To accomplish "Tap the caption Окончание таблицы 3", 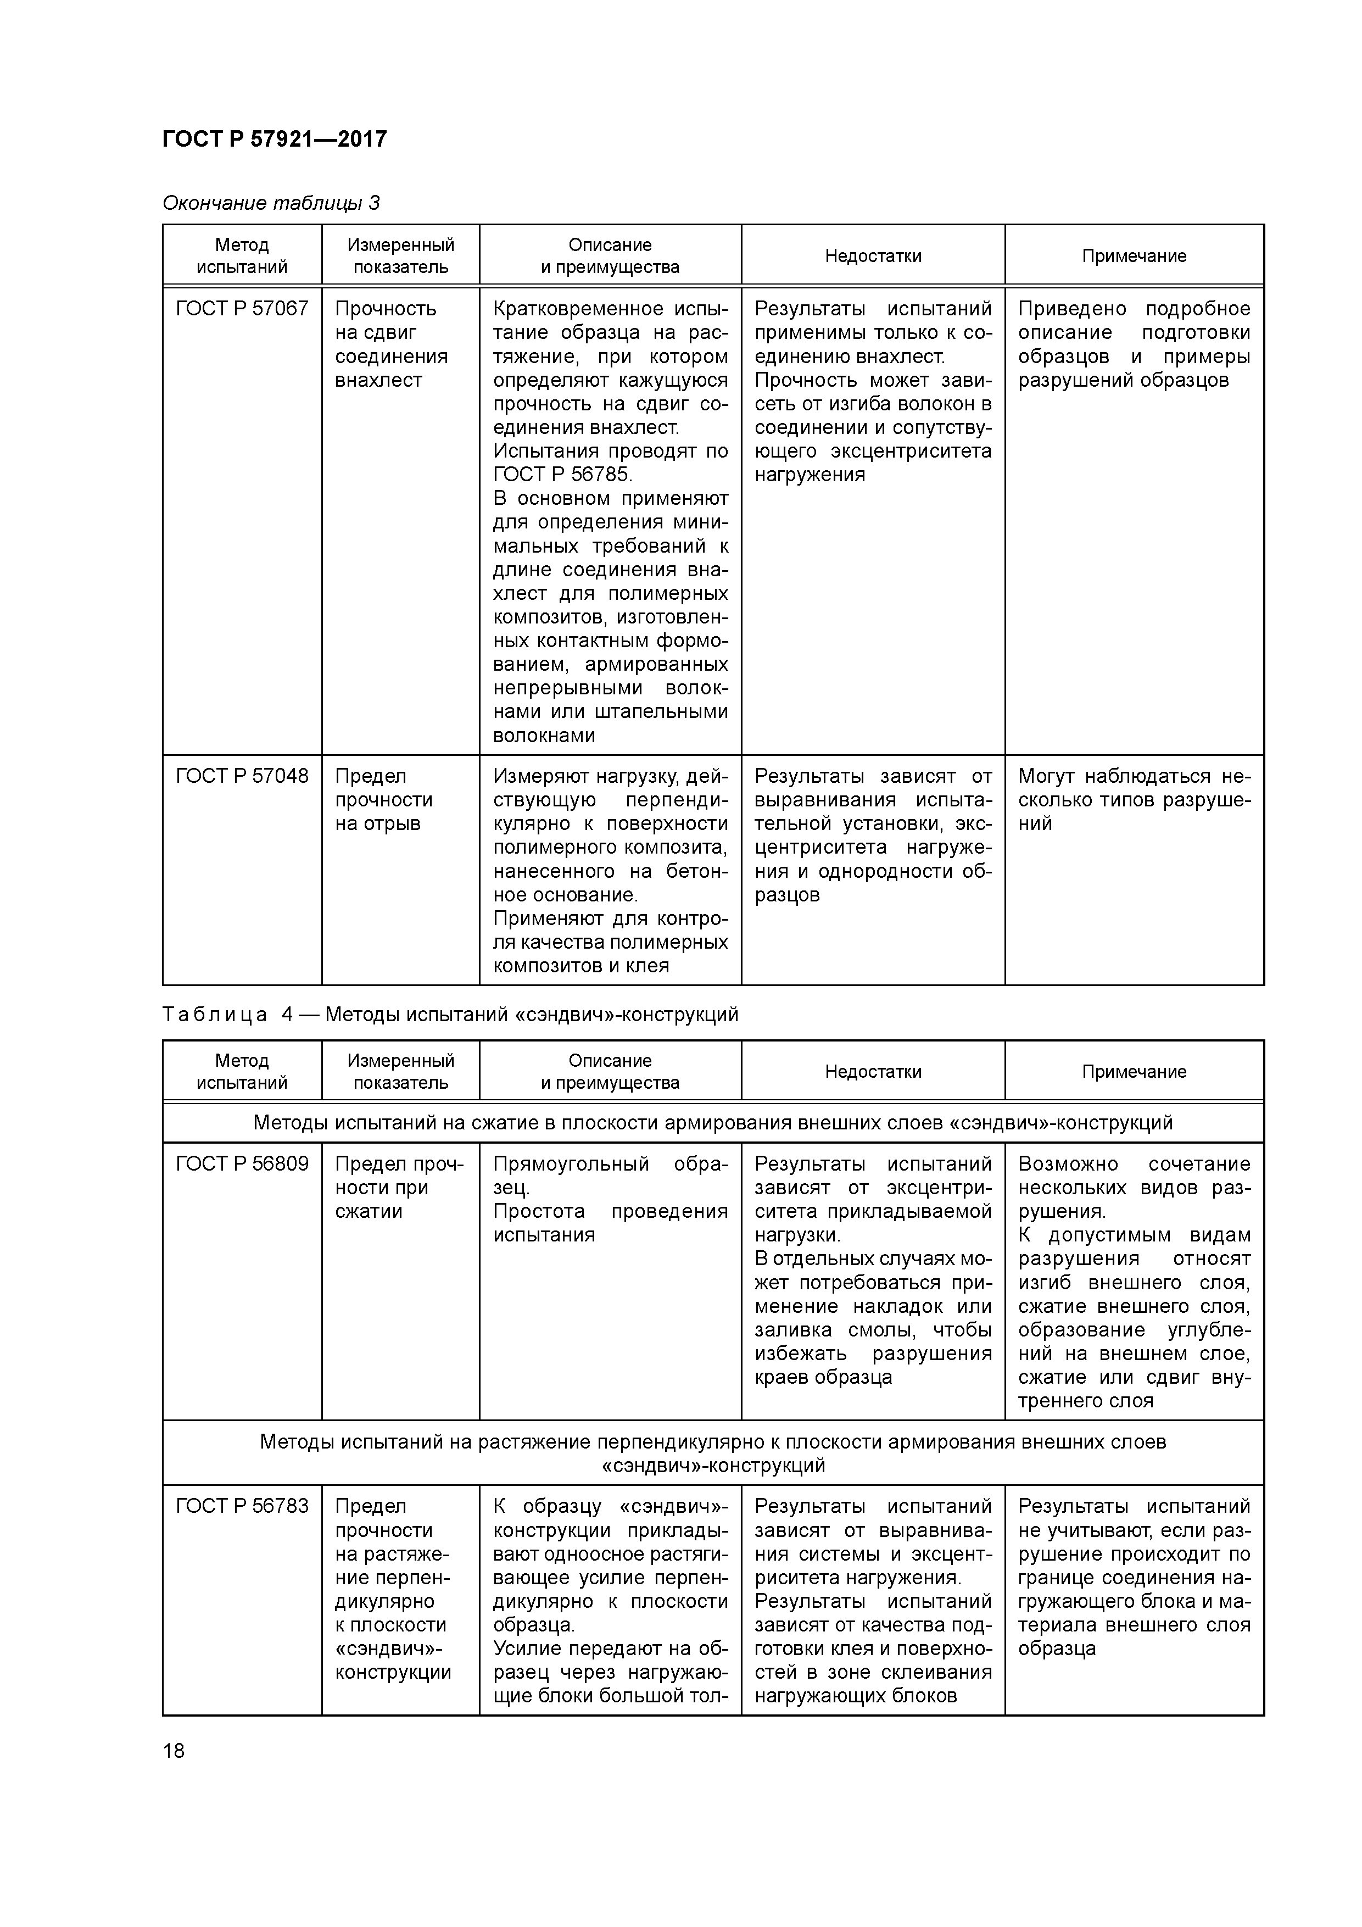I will coord(270,203).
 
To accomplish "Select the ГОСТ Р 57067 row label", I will coord(242,309).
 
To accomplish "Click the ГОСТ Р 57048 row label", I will coord(242,776).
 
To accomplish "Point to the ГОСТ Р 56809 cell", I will coord(242,1164).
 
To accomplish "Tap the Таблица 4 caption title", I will coord(450,1015).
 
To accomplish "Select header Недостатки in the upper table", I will coord(873,256).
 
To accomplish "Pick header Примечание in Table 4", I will coord(1134,1072).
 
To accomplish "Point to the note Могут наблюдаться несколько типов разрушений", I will coord(1134,800).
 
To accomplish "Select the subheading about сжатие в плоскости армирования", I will coord(712,1123).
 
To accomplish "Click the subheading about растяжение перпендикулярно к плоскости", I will coord(712,1453).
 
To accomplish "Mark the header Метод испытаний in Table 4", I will coord(242,1072).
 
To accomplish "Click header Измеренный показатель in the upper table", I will coord(400,256).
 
